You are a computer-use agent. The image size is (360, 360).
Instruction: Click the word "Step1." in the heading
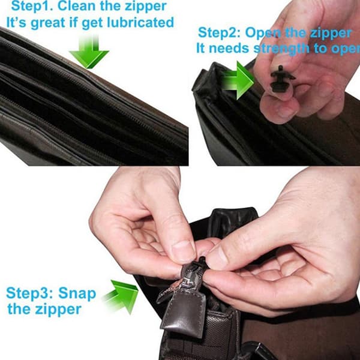tap(32, 6)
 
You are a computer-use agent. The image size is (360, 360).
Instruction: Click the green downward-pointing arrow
tap(89, 52)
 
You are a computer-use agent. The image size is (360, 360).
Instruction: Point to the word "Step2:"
tap(219, 33)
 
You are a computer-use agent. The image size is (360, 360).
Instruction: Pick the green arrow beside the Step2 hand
tap(238, 80)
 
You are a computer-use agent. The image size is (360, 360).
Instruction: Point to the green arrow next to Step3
tap(122, 296)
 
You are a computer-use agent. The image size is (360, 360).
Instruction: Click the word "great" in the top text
tap(48, 23)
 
